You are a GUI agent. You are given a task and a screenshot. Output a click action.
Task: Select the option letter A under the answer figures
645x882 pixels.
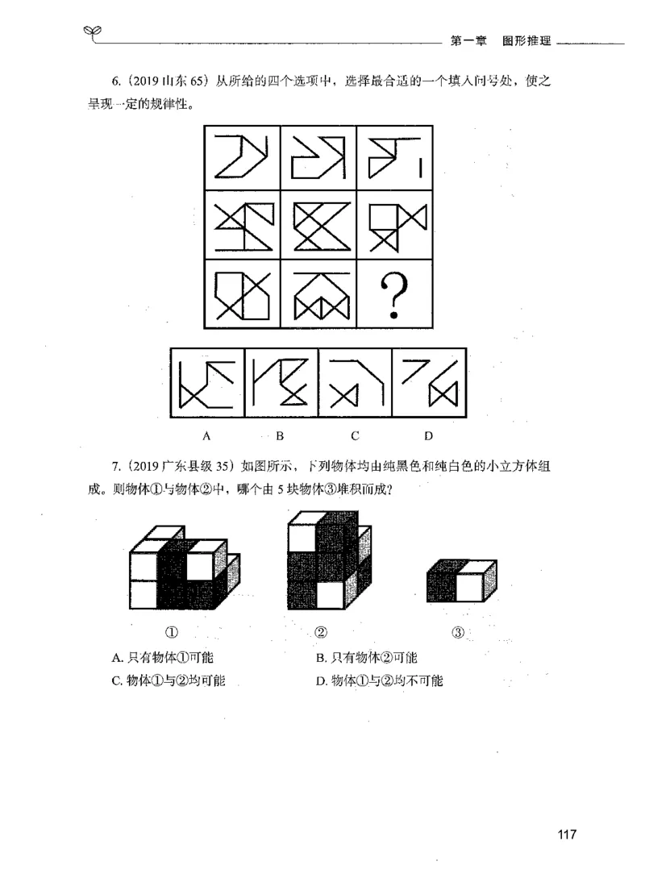tap(207, 437)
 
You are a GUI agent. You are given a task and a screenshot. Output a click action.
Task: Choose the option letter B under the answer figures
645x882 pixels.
tap(281, 437)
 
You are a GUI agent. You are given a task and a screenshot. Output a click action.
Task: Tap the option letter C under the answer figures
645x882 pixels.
tap(355, 437)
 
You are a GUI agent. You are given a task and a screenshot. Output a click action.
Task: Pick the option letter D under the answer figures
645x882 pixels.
tap(428, 437)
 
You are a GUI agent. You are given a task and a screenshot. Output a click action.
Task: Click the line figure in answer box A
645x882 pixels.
tap(207, 383)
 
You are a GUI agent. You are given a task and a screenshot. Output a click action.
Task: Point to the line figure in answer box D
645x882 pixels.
tap(429, 383)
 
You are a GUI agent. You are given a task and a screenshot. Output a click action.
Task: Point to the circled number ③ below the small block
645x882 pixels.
tap(458, 631)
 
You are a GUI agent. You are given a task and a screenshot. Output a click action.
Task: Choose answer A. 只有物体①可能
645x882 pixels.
tap(162, 657)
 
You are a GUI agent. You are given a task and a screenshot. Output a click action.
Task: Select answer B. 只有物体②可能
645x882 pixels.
tap(366, 657)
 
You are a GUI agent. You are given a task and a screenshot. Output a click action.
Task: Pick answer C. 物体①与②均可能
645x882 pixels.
tap(168, 680)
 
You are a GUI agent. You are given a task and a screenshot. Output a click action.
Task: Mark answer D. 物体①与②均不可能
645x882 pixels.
tap(381, 680)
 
